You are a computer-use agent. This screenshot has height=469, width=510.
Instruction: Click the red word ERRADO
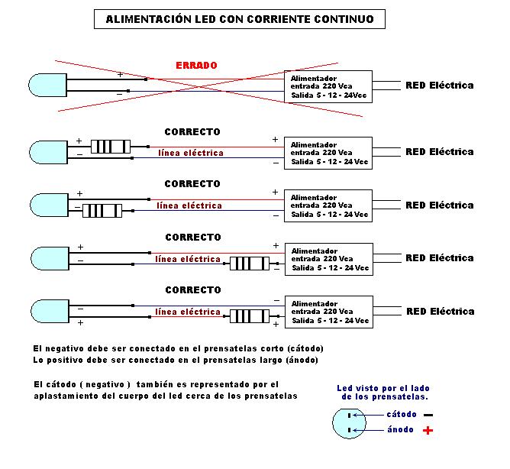pos(196,66)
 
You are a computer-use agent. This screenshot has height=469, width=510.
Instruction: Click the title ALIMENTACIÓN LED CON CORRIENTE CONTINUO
pos(239,19)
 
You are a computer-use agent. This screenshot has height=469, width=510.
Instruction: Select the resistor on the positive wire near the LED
pos(110,146)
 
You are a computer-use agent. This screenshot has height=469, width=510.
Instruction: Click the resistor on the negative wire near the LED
pos(102,211)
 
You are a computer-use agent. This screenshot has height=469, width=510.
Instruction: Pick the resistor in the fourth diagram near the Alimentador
pos(250,264)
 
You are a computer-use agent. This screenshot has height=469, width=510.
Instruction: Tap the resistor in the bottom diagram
pos(250,317)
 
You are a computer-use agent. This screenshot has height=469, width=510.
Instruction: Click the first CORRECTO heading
pos(192,132)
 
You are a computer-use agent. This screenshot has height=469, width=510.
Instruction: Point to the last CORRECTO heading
pos(192,290)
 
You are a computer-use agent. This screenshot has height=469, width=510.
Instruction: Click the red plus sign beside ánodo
pos(428,431)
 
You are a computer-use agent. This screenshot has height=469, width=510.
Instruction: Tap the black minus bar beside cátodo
pos(428,415)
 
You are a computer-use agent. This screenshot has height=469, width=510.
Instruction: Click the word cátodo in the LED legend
pos(402,414)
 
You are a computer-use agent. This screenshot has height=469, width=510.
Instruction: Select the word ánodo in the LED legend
pos(401,430)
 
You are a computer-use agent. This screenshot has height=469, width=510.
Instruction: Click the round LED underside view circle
pos(348,422)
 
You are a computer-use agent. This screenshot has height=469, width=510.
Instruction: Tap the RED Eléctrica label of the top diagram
pos(439,85)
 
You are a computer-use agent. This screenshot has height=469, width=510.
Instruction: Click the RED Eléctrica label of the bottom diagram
pos(440,311)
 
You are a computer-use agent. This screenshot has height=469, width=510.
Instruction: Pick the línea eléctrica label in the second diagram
pos(191,153)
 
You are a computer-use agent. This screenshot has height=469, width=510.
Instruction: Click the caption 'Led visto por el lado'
pos(382,389)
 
